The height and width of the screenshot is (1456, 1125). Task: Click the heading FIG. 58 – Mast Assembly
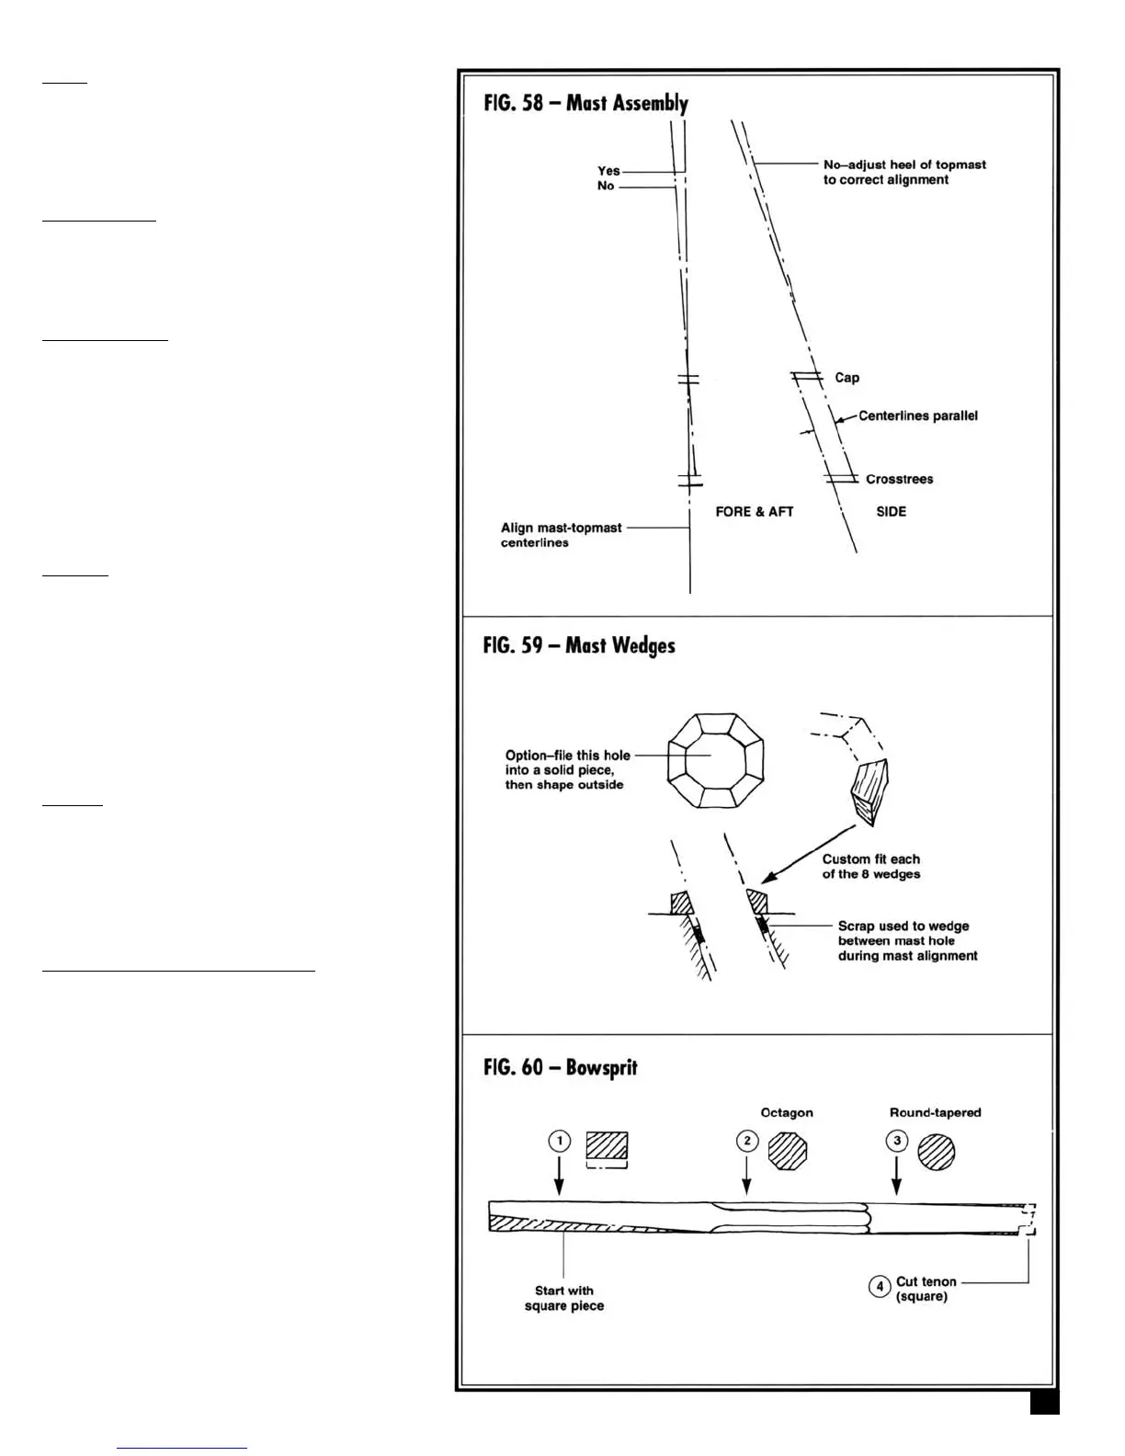[585, 103]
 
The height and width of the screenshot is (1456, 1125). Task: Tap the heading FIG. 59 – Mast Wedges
[579, 645]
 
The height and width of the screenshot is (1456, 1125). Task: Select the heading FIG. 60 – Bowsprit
[560, 1068]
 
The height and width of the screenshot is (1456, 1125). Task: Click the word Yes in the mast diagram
[608, 171]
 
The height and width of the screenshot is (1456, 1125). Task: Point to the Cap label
[847, 378]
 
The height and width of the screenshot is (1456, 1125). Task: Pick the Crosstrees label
[899, 479]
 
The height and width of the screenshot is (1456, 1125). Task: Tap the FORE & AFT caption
[754, 512]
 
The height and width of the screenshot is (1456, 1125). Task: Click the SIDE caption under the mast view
[891, 512]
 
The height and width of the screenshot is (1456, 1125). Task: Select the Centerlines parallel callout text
[917, 415]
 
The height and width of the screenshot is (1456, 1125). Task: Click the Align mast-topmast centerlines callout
[561, 535]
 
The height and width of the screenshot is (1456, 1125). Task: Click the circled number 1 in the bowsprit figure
[560, 1142]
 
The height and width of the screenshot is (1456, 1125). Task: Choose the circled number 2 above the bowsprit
[747, 1142]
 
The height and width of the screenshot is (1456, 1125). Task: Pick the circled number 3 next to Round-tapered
[896, 1142]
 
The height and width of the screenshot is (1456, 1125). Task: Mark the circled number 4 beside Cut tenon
[879, 1288]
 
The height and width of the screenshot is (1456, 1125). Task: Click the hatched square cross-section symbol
[607, 1147]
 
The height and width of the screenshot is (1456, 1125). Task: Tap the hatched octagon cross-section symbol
[787, 1150]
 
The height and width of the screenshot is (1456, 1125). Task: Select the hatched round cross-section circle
[936, 1151]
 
